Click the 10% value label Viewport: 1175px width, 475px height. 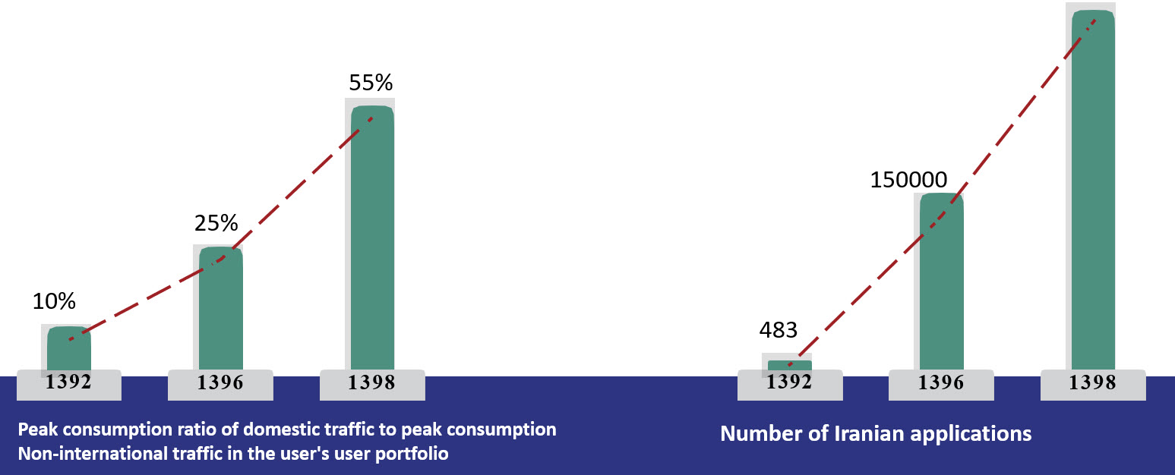click(54, 302)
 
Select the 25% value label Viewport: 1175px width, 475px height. click(216, 224)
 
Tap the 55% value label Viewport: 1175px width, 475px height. click(371, 83)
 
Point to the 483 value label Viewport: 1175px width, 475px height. click(779, 331)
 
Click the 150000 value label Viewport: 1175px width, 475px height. click(908, 181)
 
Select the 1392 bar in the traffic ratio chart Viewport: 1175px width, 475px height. click(69, 349)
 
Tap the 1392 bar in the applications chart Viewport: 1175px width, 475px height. click(790, 365)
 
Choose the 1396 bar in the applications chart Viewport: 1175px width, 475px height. click(942, 281)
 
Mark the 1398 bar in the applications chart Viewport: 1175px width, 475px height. click(1093, 190)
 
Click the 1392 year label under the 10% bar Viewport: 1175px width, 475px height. click(68, 382)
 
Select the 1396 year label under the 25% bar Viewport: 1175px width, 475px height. click(220, 383)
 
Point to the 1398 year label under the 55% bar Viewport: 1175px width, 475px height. click(372, 383)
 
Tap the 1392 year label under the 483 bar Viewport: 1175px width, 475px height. click(790, 382)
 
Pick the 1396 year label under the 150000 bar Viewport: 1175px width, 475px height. click(942, 383)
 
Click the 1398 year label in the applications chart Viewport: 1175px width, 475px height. click(1093, 383)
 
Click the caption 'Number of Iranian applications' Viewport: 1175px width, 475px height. click(876, 434)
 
